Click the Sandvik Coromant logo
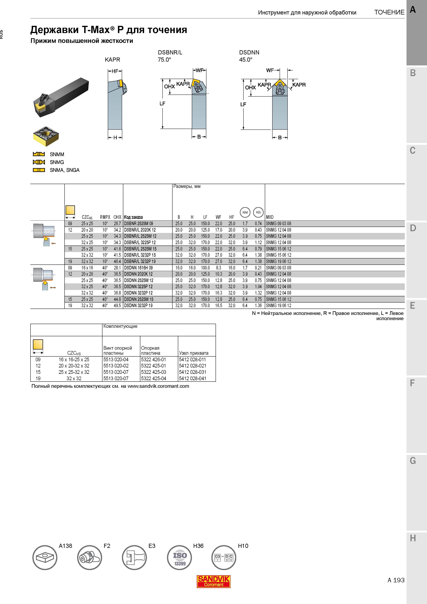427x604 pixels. tap(213, 581)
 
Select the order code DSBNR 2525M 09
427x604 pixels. tap(138, 224)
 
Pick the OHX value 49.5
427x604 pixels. tap(117, 306)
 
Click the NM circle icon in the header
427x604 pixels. tap(245, 212)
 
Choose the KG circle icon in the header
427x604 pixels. tap(258, 212)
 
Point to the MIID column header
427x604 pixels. tap(270, 217)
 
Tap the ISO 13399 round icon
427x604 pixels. tap(180, 558)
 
